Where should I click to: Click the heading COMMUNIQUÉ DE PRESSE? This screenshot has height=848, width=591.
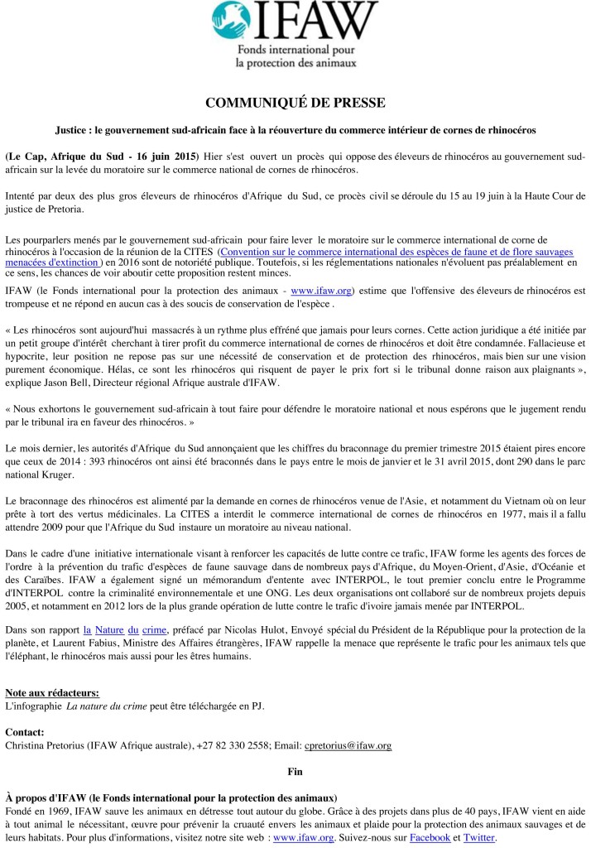(x=295, y=103)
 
